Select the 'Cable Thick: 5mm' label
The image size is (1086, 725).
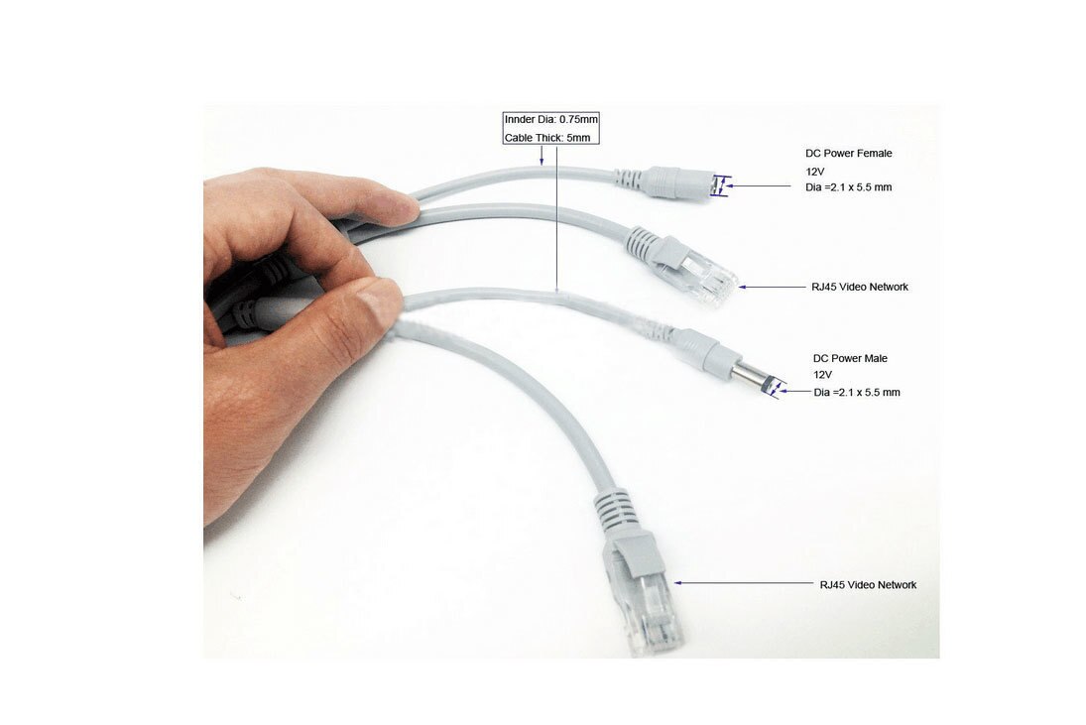550,138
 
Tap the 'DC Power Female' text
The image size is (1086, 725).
848,154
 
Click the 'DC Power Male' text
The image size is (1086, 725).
850,358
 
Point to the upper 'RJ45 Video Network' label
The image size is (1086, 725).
859,287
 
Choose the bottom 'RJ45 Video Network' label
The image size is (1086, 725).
868,585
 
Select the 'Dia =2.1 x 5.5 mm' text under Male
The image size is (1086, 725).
857,393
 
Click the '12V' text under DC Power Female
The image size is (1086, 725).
815,171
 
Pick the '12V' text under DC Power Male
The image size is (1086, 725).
823,375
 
